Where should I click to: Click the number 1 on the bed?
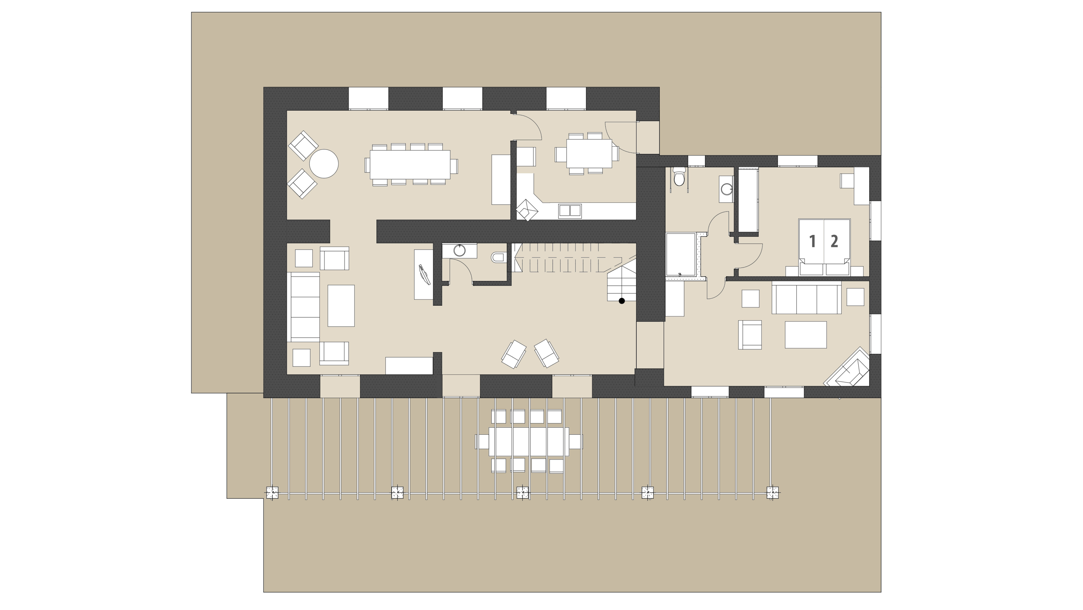pos(812,241)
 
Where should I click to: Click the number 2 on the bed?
pos(834,241)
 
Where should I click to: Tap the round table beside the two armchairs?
pos(324,164)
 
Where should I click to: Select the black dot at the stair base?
pos(622,301)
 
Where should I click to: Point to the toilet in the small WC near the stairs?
pos(498,257)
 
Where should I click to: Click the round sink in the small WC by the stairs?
pos(459,251)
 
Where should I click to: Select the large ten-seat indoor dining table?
pos(410,165)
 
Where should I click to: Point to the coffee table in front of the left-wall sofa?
pos(341,306)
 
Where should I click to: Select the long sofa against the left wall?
pos(303,307)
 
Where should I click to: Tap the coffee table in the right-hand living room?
pos(805,334)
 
